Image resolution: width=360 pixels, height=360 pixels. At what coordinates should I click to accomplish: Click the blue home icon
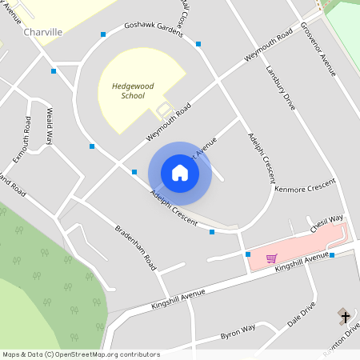[180, 173]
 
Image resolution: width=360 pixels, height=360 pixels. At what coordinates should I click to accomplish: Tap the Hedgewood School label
[122, 90]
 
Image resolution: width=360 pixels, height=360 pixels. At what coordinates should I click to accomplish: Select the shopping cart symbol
[271, 258]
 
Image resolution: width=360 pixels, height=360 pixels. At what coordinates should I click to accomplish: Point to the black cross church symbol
[346, 317]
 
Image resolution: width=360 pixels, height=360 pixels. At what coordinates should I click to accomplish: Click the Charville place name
[43, 32]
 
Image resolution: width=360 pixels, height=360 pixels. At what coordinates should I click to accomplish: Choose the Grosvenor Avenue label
[318, 49]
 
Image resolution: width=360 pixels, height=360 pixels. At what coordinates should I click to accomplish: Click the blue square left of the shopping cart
[248, 254]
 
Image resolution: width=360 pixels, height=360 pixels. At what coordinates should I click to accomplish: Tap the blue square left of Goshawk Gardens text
[102, 34]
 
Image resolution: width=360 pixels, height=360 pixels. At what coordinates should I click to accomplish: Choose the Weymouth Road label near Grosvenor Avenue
[267, 48]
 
